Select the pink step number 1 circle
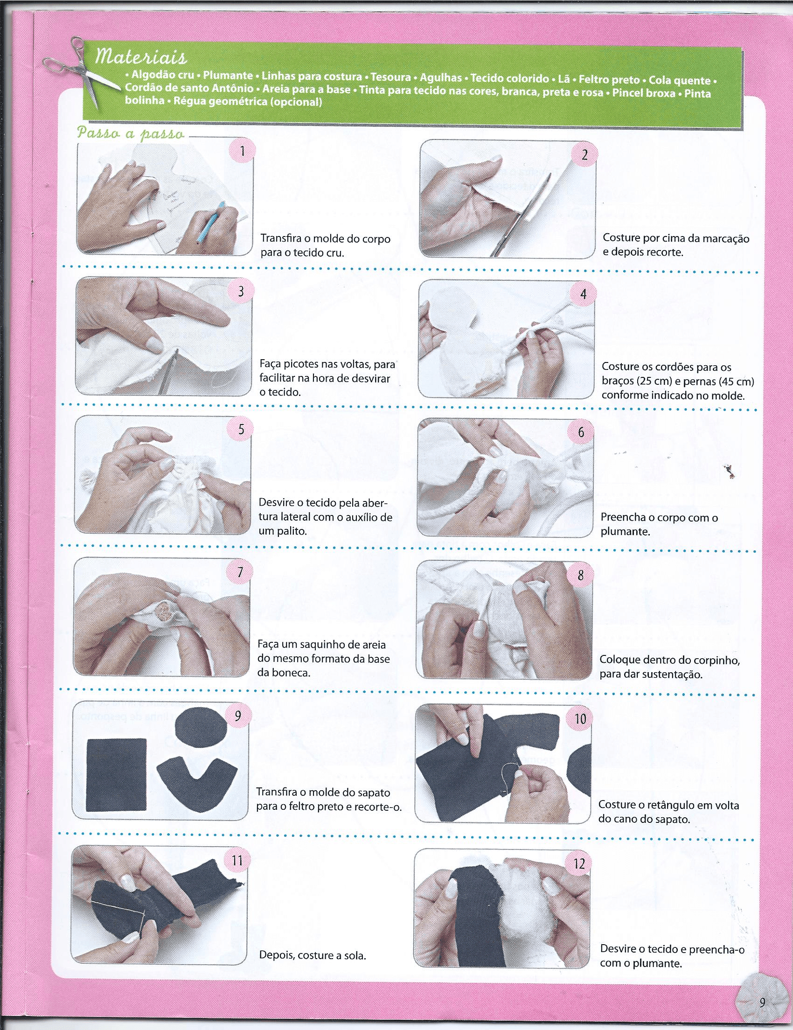[x=242, y=152]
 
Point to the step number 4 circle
[x=583, y=293]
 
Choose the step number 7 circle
[x=240, y=572]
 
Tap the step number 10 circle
[x=580, y=718]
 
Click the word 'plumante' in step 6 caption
[x=625, y=532]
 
